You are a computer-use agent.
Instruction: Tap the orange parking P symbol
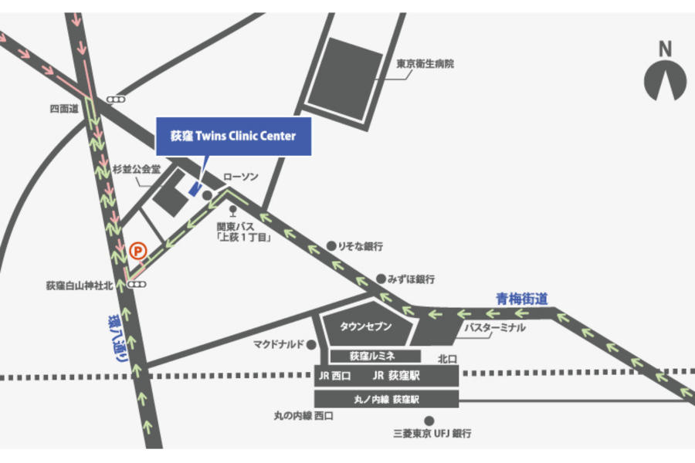[137, 250]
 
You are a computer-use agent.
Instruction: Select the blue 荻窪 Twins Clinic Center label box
[233, 137]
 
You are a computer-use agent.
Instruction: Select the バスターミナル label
[494, 328]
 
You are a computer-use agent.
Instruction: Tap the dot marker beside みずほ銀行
[381, 278]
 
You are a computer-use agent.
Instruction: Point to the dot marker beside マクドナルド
[311, 345]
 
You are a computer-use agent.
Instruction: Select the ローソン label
[241, 177]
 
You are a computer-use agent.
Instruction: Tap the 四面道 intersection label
[64, 110]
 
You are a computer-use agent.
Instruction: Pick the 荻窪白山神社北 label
[79, 286]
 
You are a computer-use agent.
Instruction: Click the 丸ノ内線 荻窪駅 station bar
[386, 399]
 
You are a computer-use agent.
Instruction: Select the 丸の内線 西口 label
[303, 417]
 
